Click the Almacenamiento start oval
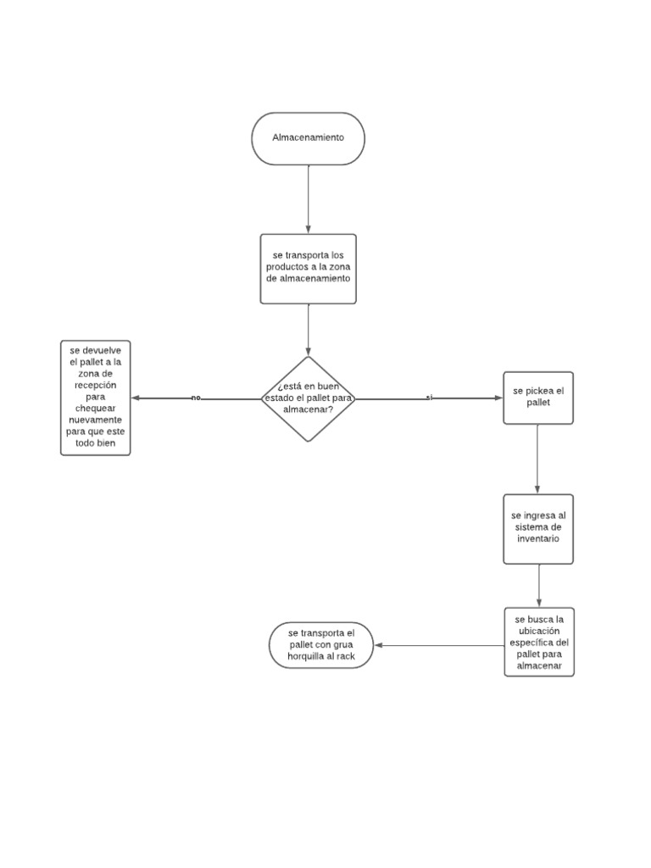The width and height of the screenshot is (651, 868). (x=309, y=137)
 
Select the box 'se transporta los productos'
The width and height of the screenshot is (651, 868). (x=309, y=268)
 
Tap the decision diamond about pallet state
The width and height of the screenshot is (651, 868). (x=308, y=398)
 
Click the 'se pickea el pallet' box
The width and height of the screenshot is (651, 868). (x=538, y=398)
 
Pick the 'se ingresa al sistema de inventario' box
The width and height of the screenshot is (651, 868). (x=538, y=528)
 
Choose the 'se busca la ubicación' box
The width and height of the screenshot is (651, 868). (x=538, y=642)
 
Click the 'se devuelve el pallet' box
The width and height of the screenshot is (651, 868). (x=96, y=398)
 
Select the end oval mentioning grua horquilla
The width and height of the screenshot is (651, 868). (x=321, y=645)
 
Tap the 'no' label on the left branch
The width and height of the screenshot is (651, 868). (x=196, y=398)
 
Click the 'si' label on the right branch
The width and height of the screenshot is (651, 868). (x=429, y=398)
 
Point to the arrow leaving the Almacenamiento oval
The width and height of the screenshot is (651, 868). (x=309, y=198)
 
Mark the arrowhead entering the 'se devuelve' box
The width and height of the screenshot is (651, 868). (x=136, y=398)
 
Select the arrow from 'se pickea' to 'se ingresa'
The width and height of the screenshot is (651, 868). (x=537, y=459)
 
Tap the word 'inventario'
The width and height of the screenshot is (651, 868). (x=535, y=538)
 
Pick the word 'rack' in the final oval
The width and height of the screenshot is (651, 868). (x=343, y=656)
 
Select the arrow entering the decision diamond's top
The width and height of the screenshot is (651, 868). (x=309, y=331)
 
